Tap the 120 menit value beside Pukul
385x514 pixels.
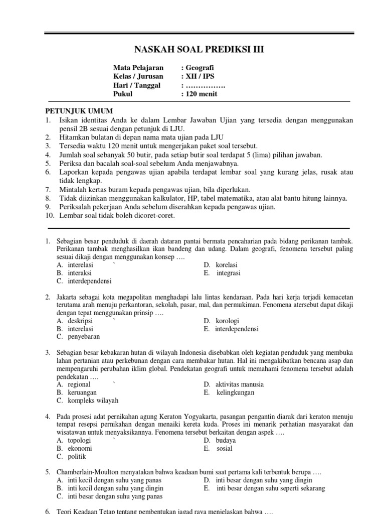pos(202,93)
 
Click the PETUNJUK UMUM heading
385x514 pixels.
pos(79,111)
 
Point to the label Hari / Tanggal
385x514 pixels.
pos(137,85)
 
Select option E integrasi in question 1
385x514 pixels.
pos(228,273)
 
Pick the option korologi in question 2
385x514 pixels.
pos(227,321)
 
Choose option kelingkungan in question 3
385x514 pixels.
pos(236,393)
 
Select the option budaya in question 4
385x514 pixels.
pos(226,440)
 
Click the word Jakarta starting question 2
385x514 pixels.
pos(67,298)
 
